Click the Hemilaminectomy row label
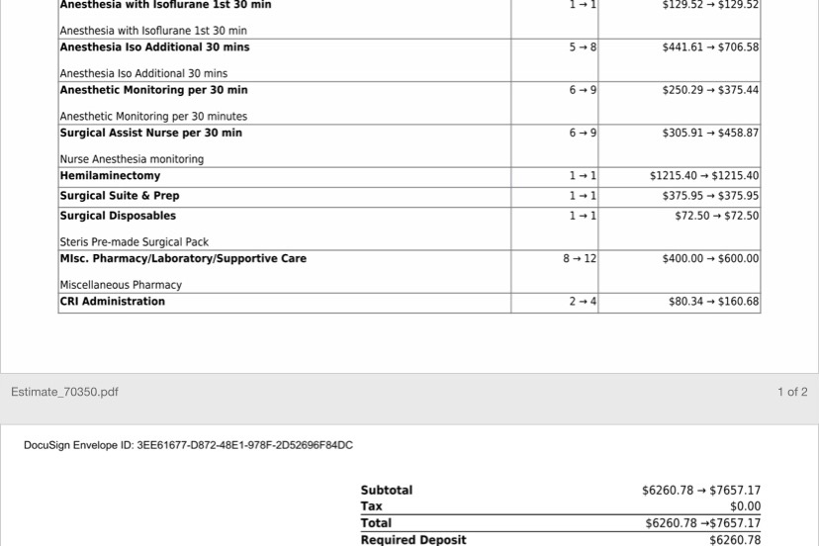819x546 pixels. click(x=110, y=176)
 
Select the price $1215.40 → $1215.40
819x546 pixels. click(x=704, y=176)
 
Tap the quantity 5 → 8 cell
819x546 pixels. click(x=583, y=47)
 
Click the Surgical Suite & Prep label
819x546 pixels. click(x=120, y=196)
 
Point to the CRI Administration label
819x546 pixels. click(x=113, y=302)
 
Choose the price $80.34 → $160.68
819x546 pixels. click(x=713, y=302)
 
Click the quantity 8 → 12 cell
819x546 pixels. click(x=580, y=259)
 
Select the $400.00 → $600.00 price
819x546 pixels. click(x=710, y=259)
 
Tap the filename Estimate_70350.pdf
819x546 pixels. click(x=64, y=392)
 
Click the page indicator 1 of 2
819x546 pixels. click(x=792, y=392)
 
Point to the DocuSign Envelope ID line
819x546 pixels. click(x=188, y=445)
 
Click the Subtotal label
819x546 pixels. click(x=387, y=491)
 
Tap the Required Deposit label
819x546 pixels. click(x=413, y=540)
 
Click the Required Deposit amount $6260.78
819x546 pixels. click(x=735, y=540)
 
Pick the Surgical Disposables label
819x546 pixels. click(x=118, y=216)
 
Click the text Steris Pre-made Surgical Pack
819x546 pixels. click(x=135, y=242)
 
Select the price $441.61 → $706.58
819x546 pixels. click(x=710, y=47)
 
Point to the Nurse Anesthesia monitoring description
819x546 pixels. click(x=132, y=159)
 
